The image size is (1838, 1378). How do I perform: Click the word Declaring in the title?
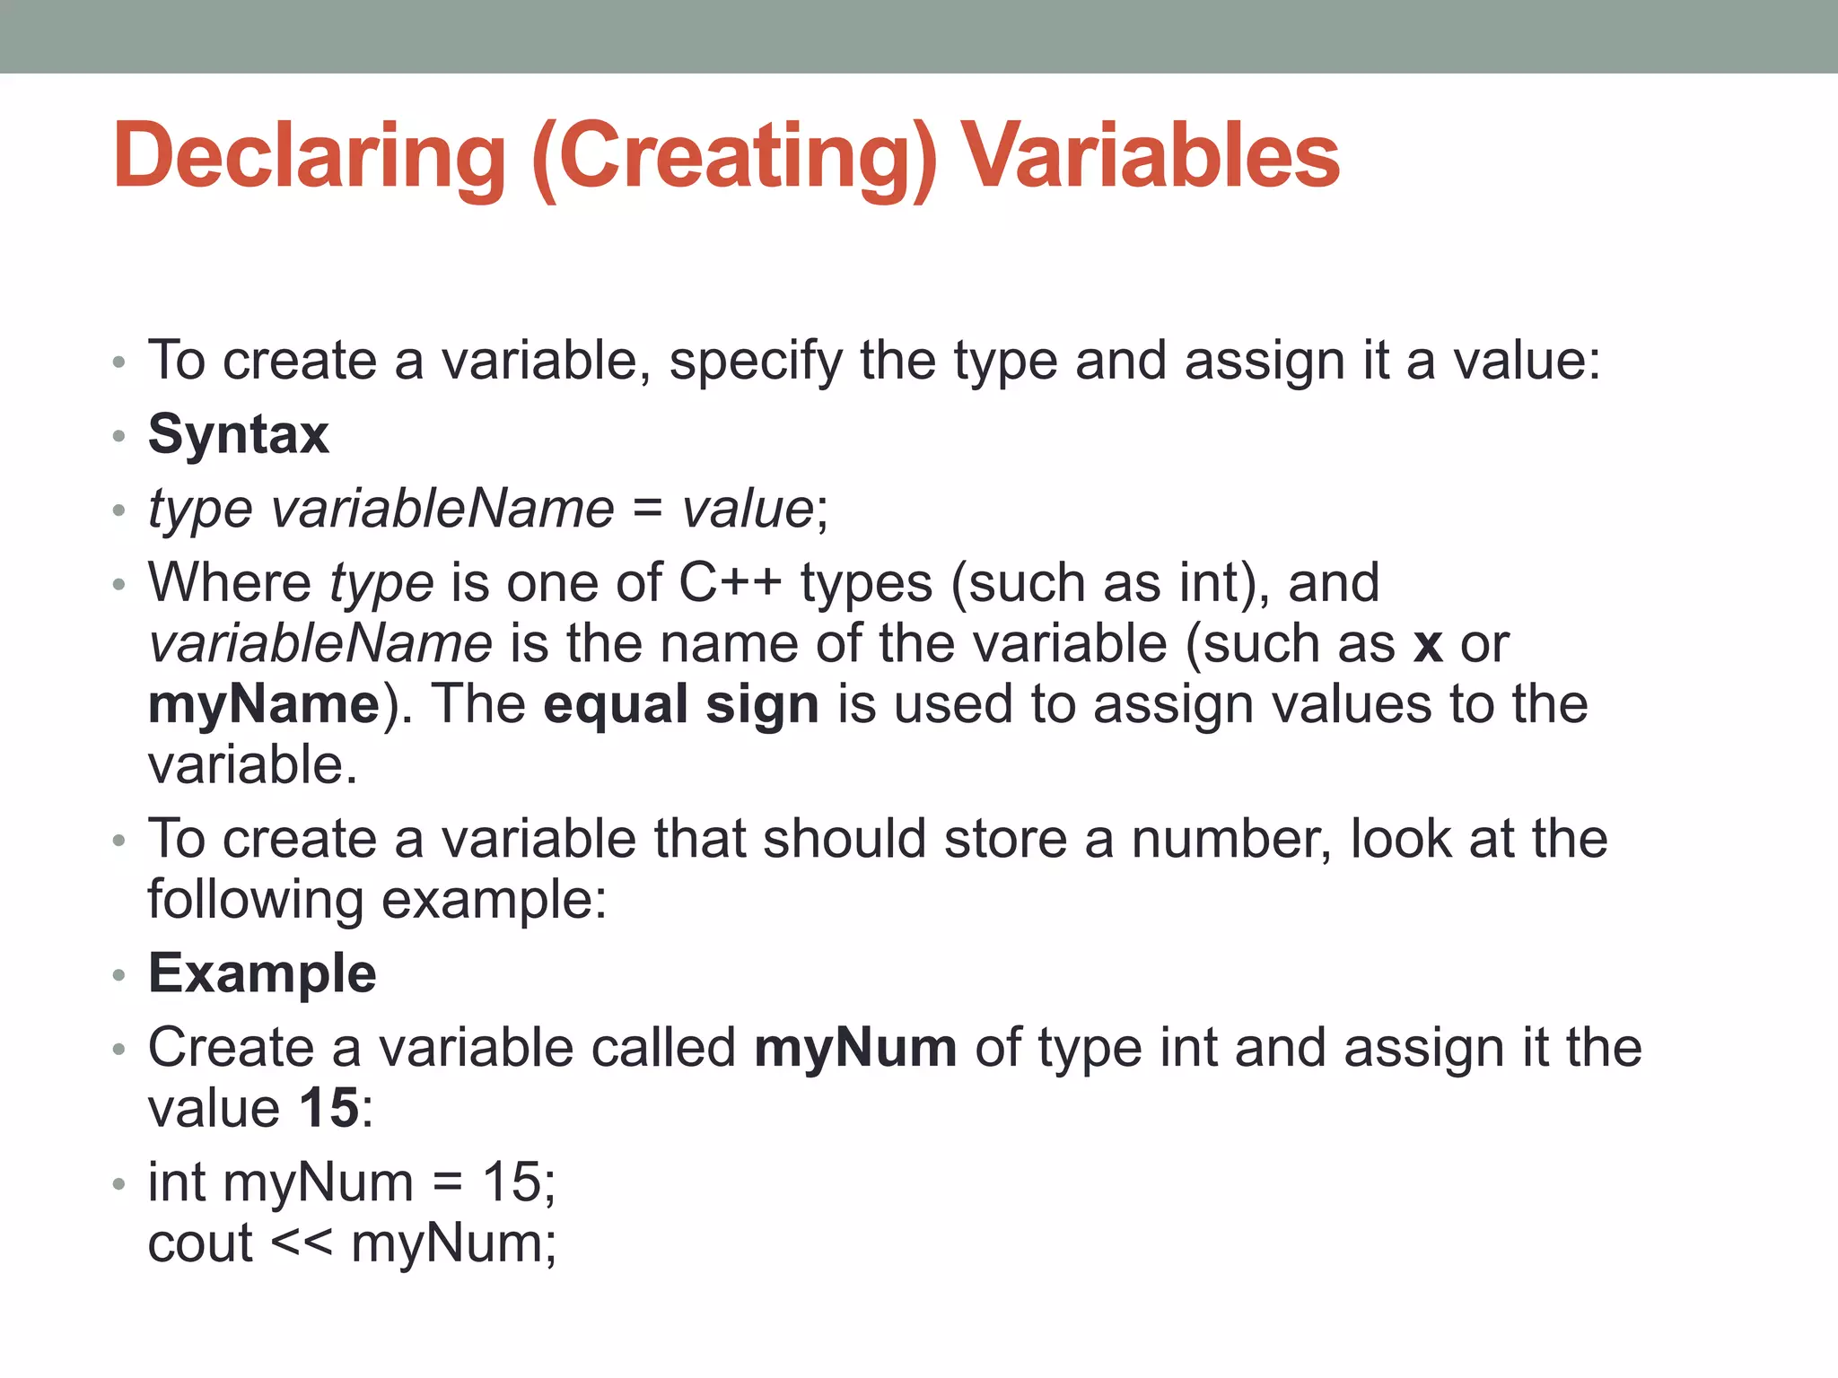click(x=310, y=157)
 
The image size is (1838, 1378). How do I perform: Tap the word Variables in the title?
click(x=1151, y=157)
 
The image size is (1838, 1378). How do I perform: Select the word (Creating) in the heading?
click(x=734, y=157)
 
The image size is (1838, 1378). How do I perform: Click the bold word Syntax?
click(x=239, y=435)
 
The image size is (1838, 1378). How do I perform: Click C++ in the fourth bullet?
click(x=730, y=583)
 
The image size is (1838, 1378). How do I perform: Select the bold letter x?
click(x=1427, y=644)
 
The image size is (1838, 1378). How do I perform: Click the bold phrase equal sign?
click(x=681, y=704)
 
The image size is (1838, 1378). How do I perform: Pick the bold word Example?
click(x=262, y=973)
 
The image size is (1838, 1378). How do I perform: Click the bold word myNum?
click(x=855, y=1048)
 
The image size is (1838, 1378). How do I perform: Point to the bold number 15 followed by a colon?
click(x=329, y=1109)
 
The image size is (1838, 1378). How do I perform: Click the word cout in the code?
click(x=200, y=1244)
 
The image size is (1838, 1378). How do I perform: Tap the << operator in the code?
click(x=302, y=1244)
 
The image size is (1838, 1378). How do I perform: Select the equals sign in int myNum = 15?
click(x=448, y=1183)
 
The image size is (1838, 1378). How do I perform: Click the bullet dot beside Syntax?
click(x=118, y=437)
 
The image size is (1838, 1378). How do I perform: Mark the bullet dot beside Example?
click(x=118, y=975)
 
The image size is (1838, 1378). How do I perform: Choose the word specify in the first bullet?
click(x=756, y=362)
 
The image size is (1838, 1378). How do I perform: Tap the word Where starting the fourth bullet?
click(x=230, y=583)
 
